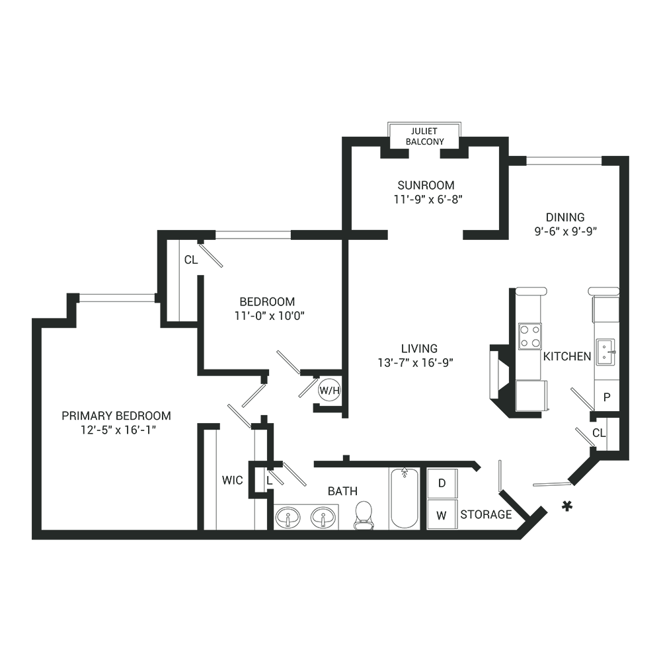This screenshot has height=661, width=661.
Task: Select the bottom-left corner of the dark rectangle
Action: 32,539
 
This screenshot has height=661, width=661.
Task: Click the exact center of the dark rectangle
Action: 330,330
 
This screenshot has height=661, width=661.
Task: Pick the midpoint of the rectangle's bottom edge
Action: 330,539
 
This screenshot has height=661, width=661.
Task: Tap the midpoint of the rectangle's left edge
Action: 32,330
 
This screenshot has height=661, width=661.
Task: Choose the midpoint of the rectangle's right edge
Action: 629,330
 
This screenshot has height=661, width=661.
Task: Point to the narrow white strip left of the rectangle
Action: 16,330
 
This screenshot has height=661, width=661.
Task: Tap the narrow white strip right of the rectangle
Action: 645,330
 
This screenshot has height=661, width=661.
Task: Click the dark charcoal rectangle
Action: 330,330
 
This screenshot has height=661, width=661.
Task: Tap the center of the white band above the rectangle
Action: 330,61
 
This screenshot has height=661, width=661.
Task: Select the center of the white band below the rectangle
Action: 330,600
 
